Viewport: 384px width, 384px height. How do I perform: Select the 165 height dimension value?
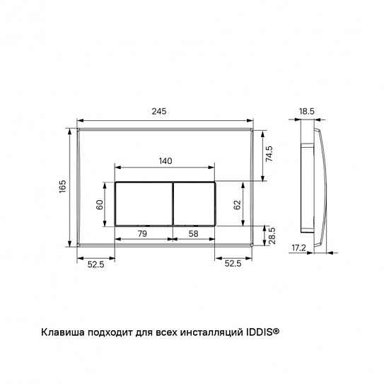coord(62,187)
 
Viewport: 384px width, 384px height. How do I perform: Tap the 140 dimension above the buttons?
coord(164,161)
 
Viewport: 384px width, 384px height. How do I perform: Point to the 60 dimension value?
coord(100,204)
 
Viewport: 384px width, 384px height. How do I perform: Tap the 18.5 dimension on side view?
coord(306,111)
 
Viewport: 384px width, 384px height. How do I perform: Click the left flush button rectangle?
coord(143,203)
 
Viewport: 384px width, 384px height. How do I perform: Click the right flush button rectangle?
coord(194,203)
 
